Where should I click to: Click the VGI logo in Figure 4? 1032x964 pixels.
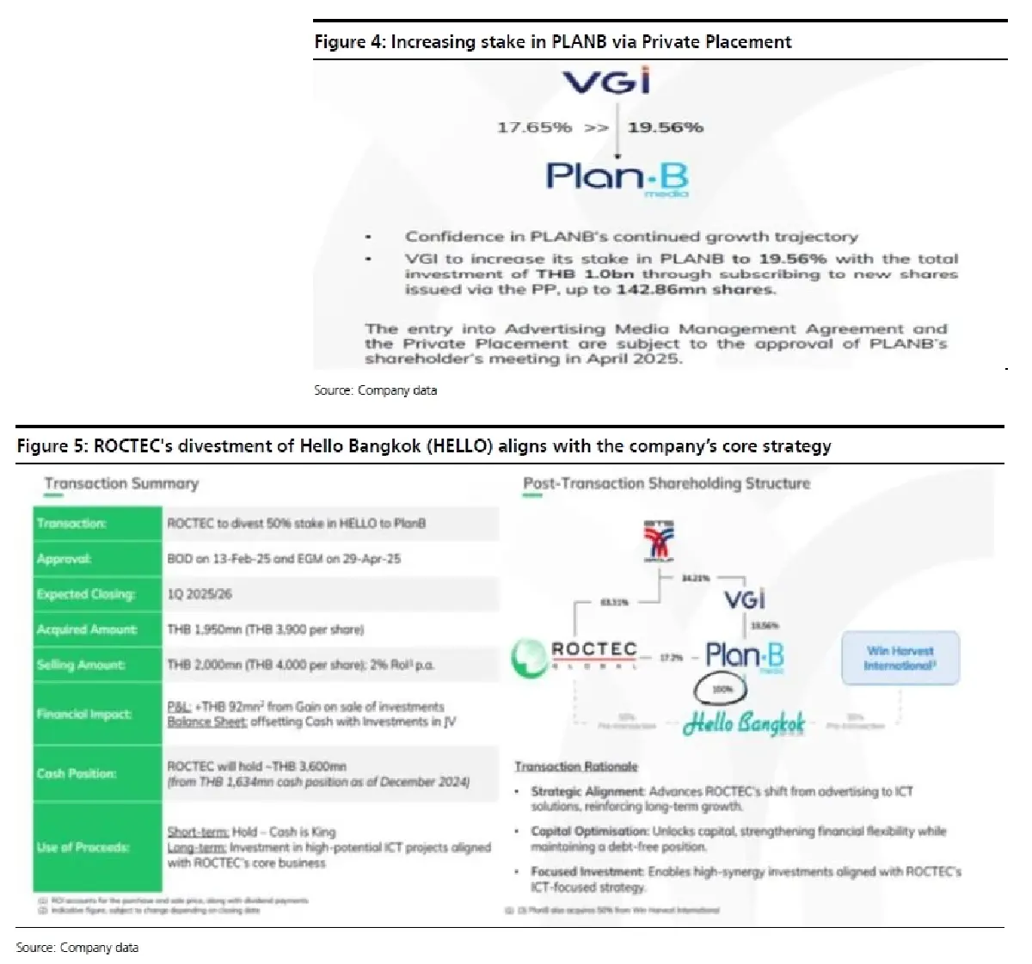tap(606, 82)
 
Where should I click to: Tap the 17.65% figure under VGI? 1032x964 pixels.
tap(534, 127)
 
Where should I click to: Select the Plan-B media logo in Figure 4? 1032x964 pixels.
tap(617, 178)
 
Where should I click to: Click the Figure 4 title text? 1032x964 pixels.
tap(552, 41)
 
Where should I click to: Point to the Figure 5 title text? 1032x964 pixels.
tap(424, 445)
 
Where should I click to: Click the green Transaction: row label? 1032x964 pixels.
tap(71, 523)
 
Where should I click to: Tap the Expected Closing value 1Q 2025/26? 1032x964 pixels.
tap(200, 594)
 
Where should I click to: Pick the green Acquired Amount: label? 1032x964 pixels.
tap(87, 629)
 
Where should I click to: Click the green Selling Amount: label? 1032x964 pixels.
tap(81, 665)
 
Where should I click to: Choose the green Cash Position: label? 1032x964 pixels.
tap(77, 773)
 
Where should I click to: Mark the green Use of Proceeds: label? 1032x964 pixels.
tap(83, 847)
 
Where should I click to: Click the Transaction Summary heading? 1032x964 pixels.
tap(121, 483)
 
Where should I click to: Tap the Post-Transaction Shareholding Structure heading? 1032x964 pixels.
tap(666, 483)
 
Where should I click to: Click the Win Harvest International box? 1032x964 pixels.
tap(900, 659)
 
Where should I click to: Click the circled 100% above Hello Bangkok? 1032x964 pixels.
tap(721, 689)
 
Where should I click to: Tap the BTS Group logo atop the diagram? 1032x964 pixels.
tap(660, 541)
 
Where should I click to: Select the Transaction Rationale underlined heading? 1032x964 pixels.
tap(576, 766)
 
